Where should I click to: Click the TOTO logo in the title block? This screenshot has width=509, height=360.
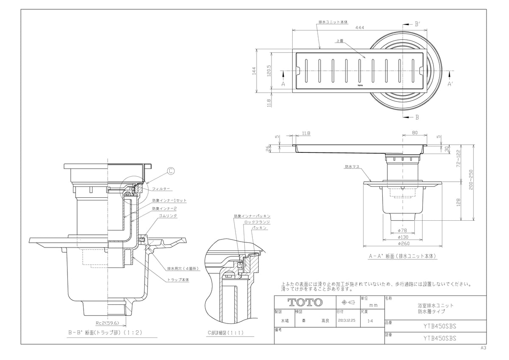tap(305, 302)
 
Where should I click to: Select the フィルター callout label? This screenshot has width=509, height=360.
tap(162, 188)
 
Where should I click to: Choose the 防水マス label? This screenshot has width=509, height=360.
tap(352, 167)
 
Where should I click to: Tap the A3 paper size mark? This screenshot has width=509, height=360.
tap(483, 348)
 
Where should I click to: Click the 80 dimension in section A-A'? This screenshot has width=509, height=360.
tap(414, 133)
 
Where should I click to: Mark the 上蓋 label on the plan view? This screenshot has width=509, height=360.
tap(339, 41)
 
